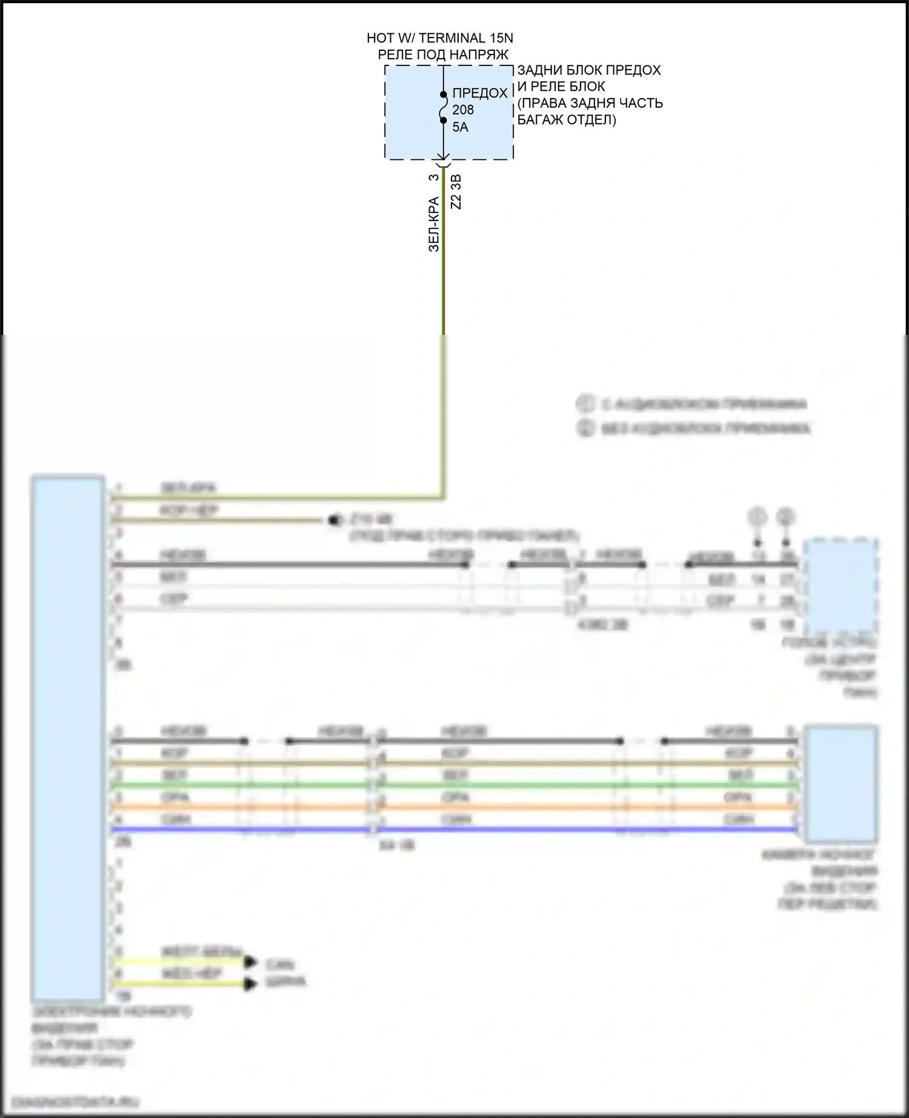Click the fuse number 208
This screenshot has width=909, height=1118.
click(x=463, y=110)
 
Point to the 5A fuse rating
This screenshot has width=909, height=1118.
click(x=460, y=127)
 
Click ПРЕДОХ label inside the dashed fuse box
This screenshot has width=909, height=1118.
click(x=480, y=93)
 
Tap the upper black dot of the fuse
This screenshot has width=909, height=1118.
click(x=444, y=94)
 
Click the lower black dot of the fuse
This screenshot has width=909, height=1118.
click(x=444, y=121)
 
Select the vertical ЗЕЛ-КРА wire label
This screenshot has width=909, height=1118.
click(x=434, y=224)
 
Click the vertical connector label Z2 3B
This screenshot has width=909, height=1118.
click(x=456, y=191)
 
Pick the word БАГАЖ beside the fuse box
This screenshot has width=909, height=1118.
click(x=539, y=120)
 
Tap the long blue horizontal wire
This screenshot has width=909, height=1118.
click(x=454, y=829)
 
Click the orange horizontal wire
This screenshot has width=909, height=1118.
click(x=454, y=807)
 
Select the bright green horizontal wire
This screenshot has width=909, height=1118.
click(x=454, y=785)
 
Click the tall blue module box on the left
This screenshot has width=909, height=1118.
click(x=68, y=739)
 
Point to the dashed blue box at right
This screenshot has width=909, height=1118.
click(x=841, y=585)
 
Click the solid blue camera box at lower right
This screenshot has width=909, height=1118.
click(x=841, y=784)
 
